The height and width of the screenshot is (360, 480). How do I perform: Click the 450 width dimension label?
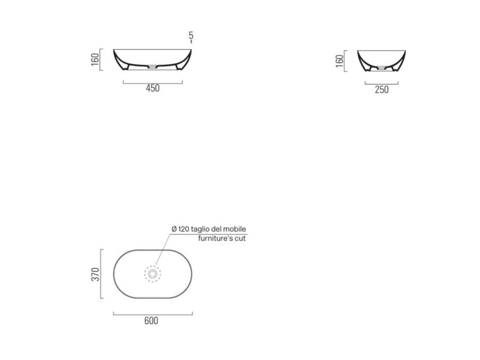pos(153,88)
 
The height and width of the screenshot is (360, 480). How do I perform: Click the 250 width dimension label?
pos(382,90)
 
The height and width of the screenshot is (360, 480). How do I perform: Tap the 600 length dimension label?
pos(151,321)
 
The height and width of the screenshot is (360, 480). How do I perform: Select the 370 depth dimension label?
pos(95,274)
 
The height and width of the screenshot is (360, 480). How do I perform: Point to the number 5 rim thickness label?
pos(191,35)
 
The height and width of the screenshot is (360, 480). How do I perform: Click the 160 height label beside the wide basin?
pos(95,60)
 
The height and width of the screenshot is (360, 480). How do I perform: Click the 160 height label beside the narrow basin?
pos(339,61)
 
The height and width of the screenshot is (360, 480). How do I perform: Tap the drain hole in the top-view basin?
pos(153,274)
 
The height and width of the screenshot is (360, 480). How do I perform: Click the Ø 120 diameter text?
pos(180,229)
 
